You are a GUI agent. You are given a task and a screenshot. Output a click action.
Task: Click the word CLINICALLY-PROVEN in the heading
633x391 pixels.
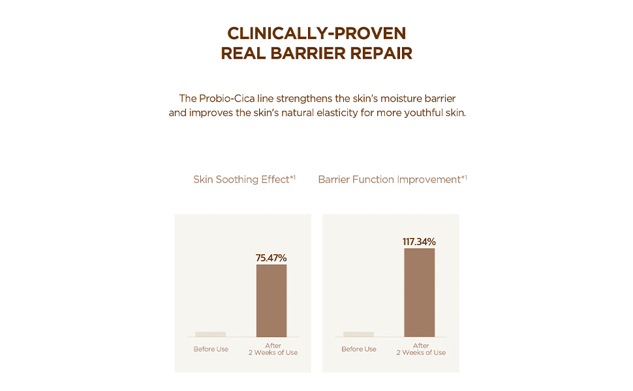316,33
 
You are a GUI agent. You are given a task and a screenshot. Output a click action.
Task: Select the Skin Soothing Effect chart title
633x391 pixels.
241,179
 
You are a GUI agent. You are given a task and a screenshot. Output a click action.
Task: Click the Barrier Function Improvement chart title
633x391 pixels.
389,179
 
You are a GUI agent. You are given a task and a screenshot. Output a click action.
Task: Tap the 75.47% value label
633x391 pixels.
271,258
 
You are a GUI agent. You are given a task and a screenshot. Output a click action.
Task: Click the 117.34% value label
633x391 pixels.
419,242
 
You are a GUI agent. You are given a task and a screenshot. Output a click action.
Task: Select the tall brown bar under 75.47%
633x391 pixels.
271,300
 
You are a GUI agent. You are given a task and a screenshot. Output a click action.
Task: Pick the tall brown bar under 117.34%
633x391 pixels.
419,293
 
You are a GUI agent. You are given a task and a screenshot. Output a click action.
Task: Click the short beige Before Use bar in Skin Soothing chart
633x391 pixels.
211,334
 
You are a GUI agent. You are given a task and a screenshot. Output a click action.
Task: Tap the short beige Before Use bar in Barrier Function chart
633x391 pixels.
359,334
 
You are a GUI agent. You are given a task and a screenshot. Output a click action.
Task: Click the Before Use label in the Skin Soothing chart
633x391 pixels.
211,349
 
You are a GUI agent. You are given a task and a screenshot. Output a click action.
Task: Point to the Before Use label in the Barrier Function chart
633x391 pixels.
359,349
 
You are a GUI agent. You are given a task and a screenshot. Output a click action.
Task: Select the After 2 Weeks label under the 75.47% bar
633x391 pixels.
273,349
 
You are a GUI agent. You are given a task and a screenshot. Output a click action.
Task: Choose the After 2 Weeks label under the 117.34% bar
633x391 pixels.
421,349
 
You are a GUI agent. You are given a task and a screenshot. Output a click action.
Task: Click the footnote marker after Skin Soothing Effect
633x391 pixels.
293,177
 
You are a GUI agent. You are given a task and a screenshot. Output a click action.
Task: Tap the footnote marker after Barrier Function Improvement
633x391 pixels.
464,177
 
